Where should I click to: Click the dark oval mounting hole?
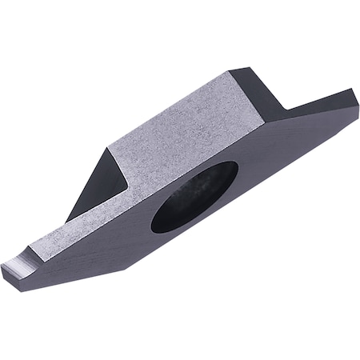[194, 197]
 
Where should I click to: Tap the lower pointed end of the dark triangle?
[67, 220]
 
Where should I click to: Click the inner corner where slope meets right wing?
[283, 110]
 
